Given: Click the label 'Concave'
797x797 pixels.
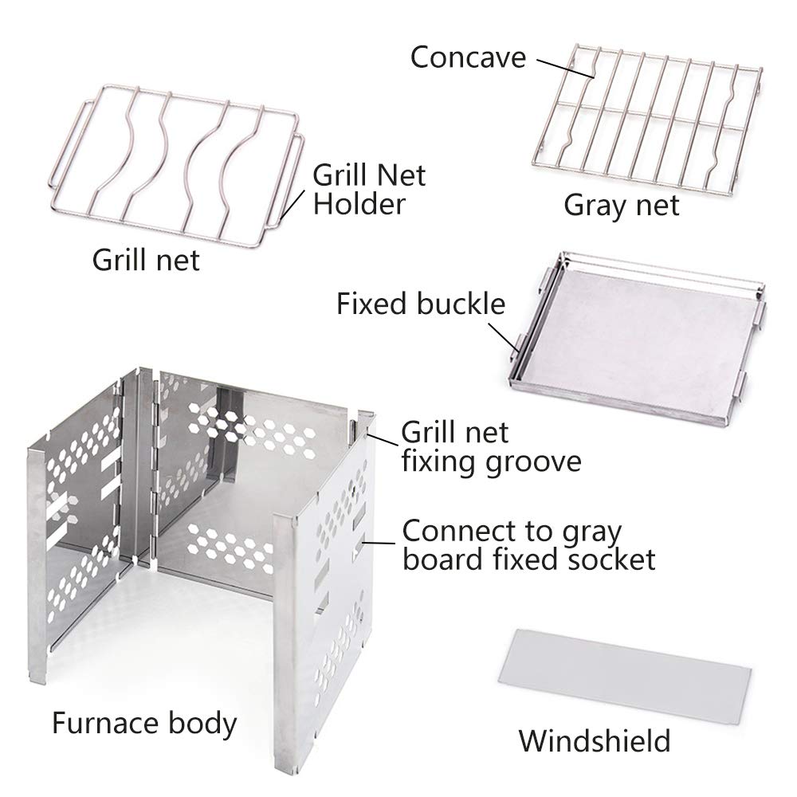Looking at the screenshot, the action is click(x=468, y=57).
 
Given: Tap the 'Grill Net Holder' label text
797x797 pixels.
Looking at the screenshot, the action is click(x=369, y=188).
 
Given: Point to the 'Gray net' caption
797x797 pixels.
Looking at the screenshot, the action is click(x=622, y=205).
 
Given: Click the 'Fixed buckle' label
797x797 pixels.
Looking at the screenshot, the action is click(x=421, y=304).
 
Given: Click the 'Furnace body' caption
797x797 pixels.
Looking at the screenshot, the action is click(x=144, y=724).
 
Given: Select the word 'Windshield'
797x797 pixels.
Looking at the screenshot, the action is click(x=595, y=740).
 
